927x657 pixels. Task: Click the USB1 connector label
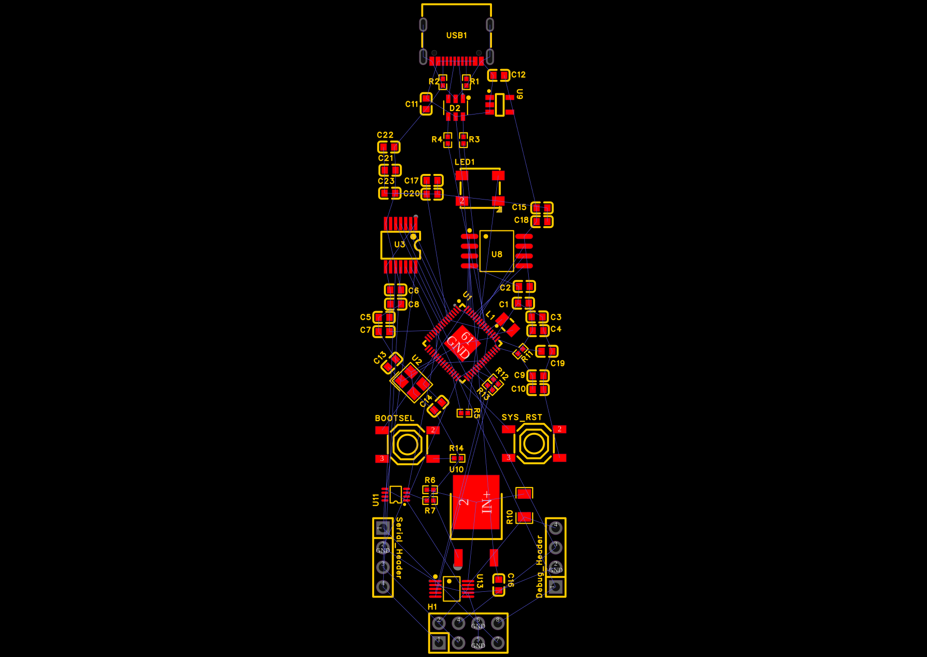click(456, 35)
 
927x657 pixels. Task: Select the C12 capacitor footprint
click(499, 75)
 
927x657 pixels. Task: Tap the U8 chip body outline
click(496, 251)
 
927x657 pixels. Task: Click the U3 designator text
click(399, 244)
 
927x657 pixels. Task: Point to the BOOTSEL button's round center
click(407, 444)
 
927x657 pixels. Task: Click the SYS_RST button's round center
click(534, 443)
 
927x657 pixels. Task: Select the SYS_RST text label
click(521, 417)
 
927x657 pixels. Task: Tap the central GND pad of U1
click(462, 343)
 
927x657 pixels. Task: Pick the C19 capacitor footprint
click(547, 351)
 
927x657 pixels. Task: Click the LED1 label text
click(464, 162)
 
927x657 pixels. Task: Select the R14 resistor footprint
click(457, 458)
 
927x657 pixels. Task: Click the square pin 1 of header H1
click(438, 642)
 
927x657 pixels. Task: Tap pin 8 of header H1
click(498, 623)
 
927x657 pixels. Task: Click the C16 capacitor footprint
click(499, 585)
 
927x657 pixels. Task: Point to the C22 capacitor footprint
click(389, 147)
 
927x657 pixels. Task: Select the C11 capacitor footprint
click(426, 104)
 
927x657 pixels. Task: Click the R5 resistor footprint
click(464, 413)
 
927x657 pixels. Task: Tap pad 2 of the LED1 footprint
click(462, 200)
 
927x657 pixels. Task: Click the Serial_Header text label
click(399, 548)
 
